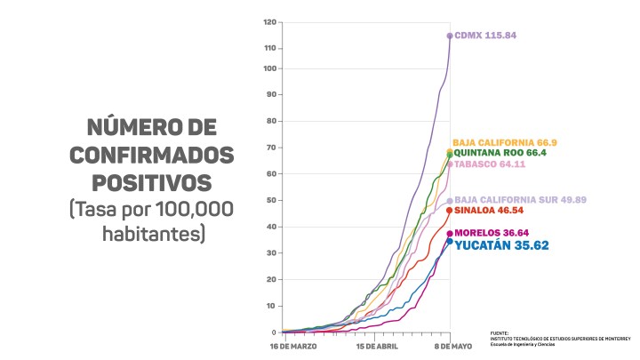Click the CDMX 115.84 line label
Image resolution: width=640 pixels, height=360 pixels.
(x=485, y=36)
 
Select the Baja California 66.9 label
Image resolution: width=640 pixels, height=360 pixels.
(x=504, y=142)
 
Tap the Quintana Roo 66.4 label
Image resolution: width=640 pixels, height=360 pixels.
(x=500, y=153)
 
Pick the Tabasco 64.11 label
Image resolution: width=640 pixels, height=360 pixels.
(x=490, y=164)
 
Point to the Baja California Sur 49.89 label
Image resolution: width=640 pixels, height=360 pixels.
(x=520, y=201)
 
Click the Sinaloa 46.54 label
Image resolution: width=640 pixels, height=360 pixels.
(x=491, y=212)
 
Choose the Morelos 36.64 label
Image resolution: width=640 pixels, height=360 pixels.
(x=492, y=233)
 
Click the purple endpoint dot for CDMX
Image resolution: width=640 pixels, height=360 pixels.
(x=450, y=36)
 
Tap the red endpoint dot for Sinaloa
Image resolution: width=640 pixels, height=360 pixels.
(x=450, y=211)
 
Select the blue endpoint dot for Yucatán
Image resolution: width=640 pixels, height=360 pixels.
(x=450, y=241)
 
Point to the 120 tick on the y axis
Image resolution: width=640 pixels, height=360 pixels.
(x=270, y=21)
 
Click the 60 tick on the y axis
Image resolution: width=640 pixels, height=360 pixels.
(x=272, y=174)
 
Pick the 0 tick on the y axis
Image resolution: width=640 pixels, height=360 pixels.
(x=275, y=332)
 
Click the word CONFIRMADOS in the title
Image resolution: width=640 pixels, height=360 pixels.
(x=152, y=156)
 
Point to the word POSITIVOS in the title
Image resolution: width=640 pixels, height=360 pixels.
(x=152, y=183)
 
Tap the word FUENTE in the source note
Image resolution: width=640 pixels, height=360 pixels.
(x=500, y=332)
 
